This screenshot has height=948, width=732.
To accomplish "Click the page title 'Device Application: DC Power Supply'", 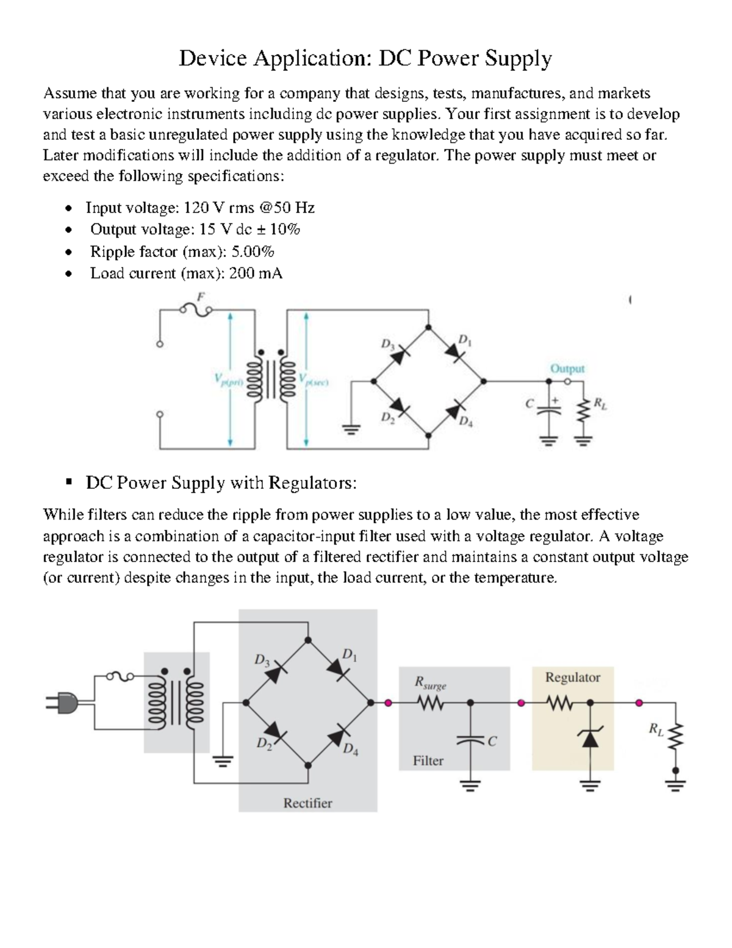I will click(x=365, y=59).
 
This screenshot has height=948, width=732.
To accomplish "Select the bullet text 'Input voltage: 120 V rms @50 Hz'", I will click(x=200, y=208).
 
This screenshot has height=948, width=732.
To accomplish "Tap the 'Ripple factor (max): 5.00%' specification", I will click(x=182, y=251).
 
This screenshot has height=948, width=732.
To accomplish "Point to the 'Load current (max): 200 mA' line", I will click(x=186, y=273).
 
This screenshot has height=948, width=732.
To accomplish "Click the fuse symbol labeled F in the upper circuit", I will click(x=196, y=309).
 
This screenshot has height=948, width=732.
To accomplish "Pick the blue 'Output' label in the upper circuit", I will click(x=567, y=369).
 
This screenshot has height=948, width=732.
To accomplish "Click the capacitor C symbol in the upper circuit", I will click(x=547, y=408).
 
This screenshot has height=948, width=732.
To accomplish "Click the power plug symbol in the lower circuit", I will click(x=62, y=703).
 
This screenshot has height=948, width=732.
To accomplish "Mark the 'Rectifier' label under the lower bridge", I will click(x=307, y=803).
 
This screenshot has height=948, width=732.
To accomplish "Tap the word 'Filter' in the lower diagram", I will click(x=428, y=761).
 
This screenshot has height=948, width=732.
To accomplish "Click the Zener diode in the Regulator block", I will click(x=589, y=737).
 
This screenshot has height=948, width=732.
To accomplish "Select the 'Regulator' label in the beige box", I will click(x=572, y=678).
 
